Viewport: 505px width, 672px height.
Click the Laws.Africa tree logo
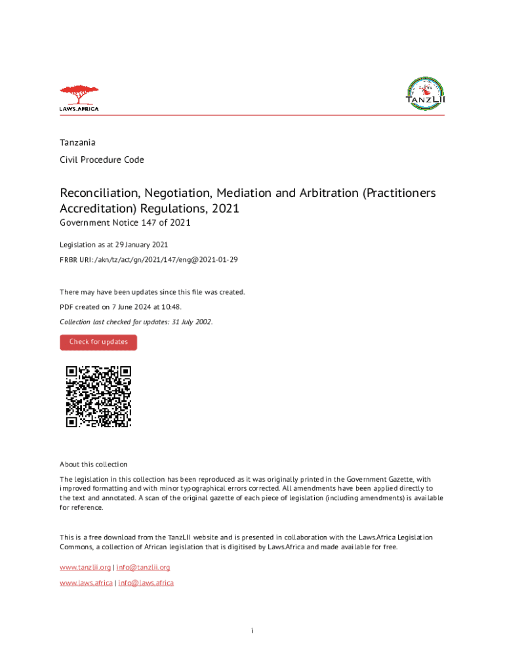[x=79, y=98]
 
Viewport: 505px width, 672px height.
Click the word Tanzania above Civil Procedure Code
[x=77, y=142]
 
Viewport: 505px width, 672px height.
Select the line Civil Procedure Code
[x=102, y=159]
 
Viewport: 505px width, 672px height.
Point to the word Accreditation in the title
[x=96, y=209]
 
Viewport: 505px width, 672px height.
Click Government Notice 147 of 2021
[x=125, y=223]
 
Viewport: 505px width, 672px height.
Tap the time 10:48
[x=171, y=306]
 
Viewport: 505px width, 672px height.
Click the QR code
[x=98, y=396]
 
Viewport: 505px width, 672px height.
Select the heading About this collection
[x=93, y=464]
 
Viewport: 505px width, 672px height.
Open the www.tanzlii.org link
[x=85, y=567]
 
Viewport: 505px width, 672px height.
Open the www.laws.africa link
[x=86, y=583]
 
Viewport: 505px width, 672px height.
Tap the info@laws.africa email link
[x=146, y=583]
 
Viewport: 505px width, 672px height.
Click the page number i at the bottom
[x=252, y=631]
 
